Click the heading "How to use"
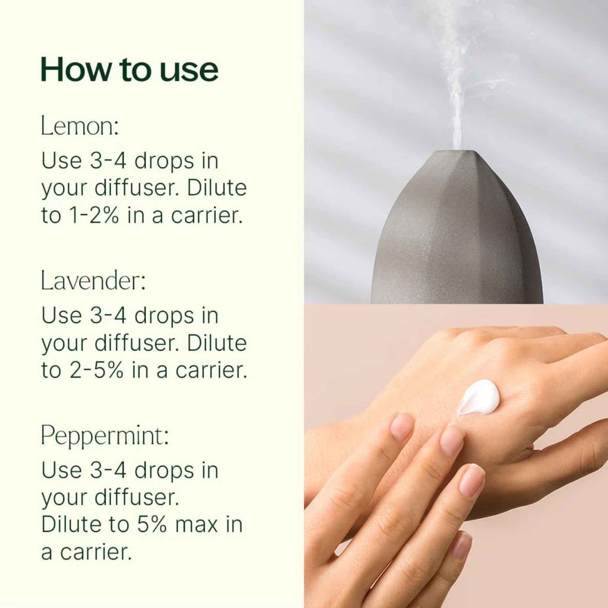(129, 69)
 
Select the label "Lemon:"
(80, 126)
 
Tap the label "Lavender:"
(93, 280)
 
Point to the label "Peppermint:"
(104, 435)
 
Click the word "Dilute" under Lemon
(216, 187)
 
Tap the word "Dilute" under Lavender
(216, 343)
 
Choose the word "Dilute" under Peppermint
(71, 524)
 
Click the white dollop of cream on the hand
(477, 397)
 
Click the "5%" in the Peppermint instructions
(151, 524)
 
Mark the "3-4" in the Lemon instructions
(108, 160)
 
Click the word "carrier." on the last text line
(96, 552)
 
